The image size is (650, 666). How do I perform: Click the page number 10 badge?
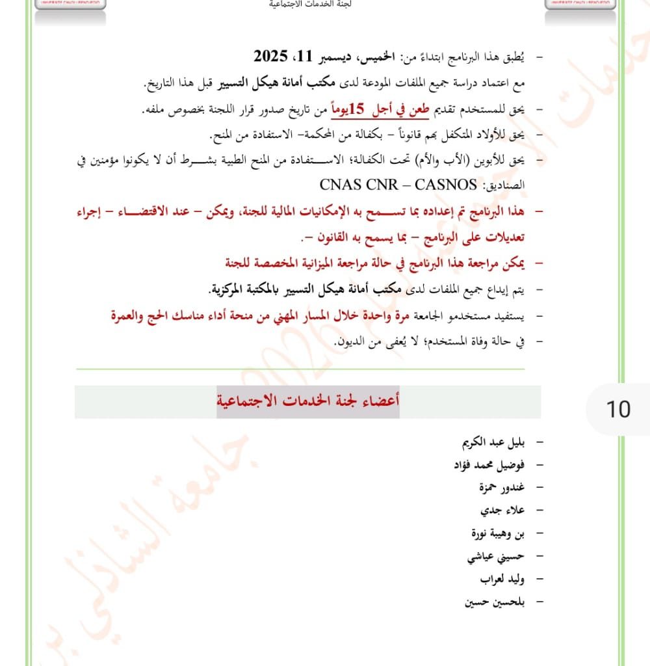(618, 409)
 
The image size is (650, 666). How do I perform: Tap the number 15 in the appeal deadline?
(358, 109)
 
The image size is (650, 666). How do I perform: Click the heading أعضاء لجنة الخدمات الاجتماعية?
(308, 402)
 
